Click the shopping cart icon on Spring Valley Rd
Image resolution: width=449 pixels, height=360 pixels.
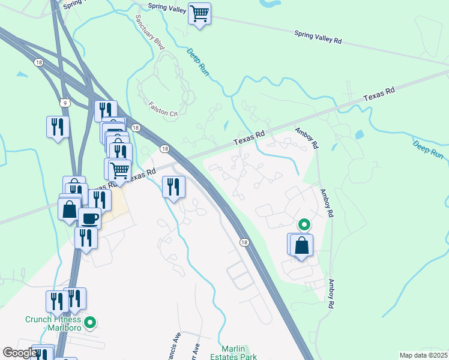199,13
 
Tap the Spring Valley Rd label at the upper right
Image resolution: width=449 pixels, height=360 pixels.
318,37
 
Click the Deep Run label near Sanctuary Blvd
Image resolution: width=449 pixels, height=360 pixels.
196,62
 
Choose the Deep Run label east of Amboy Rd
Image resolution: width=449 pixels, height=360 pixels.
428,149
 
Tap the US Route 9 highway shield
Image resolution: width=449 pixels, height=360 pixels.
65,103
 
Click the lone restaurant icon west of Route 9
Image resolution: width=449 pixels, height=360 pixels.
58,127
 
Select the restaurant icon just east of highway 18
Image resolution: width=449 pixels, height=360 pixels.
173,188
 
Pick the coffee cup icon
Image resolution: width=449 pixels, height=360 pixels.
89,218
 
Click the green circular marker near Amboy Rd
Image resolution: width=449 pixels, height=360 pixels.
304,225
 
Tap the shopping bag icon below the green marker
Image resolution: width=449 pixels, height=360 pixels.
301,245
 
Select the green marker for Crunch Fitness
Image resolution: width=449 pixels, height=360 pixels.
90,323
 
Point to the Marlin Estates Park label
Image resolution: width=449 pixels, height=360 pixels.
237,353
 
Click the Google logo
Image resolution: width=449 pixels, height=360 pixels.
20,353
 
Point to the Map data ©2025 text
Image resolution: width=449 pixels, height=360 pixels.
422,355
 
